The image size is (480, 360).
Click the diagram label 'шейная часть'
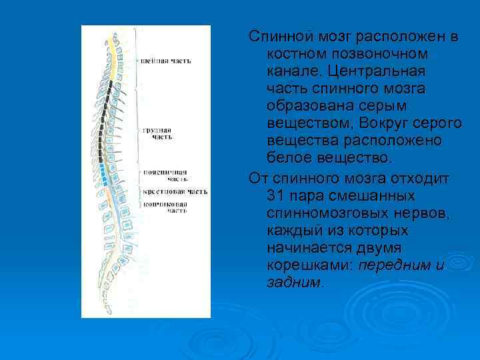[166, 61]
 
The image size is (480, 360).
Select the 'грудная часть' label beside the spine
[158, 133]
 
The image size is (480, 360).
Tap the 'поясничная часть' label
[165, 175]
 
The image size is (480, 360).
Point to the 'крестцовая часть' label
[175, 191]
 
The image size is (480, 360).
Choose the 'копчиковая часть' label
[165, 207]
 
